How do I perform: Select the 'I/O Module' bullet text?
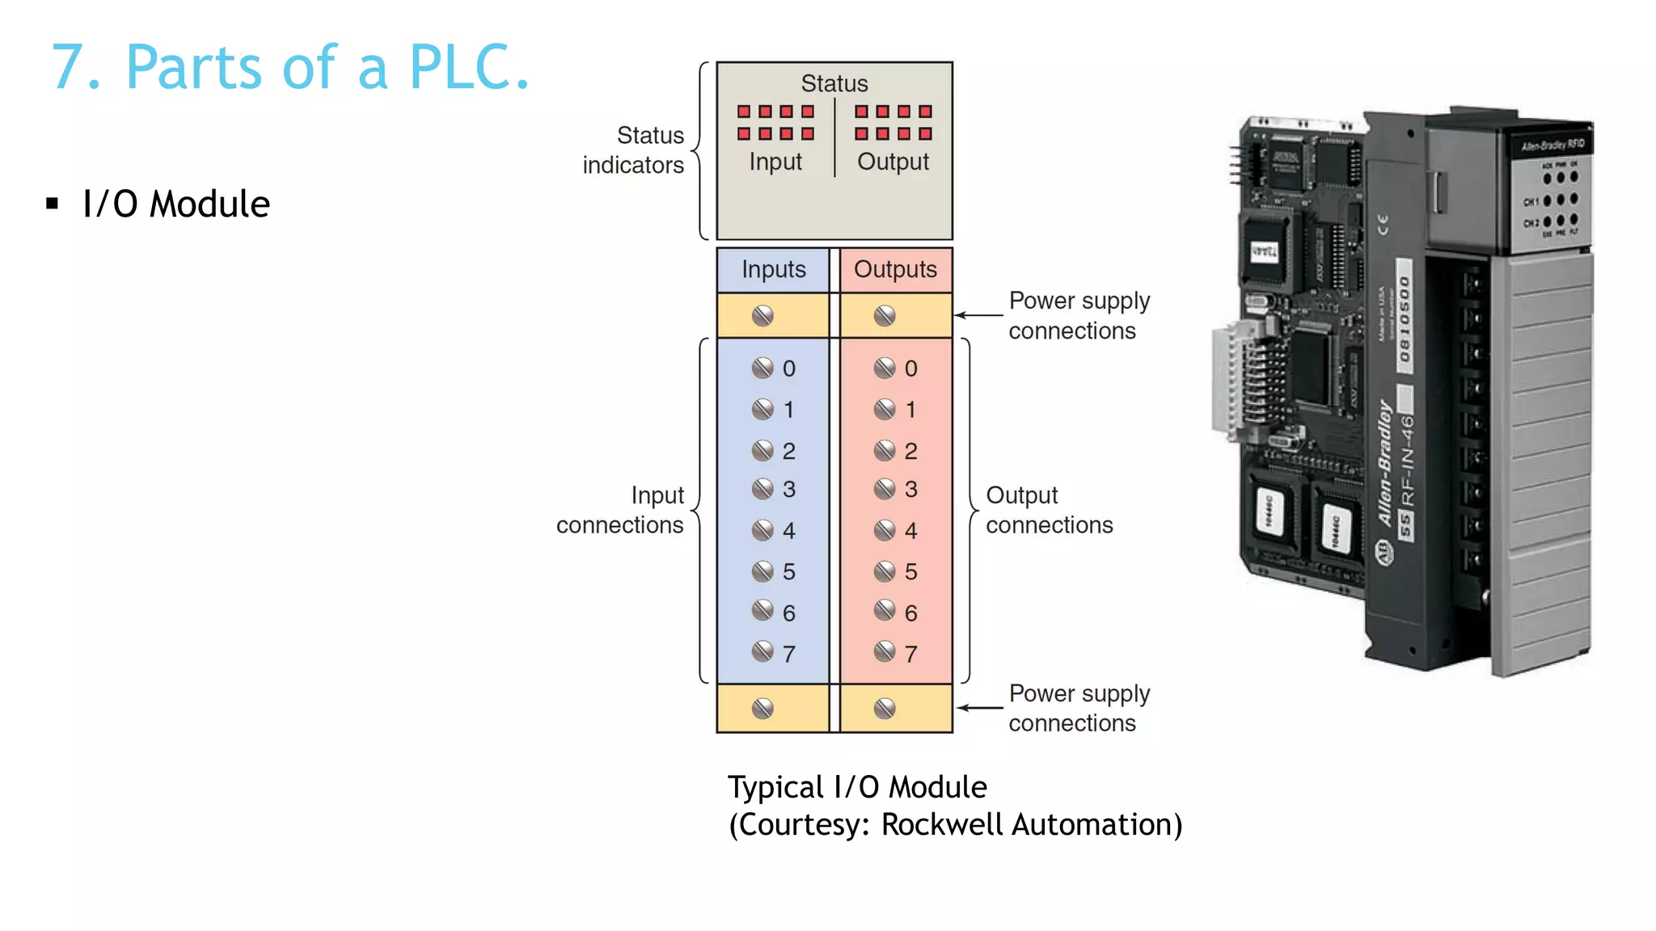coord(175,204)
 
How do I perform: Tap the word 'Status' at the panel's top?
coord(834,83)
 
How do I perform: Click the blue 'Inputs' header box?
coord(773,269)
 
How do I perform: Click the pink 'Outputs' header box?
coord(895,269)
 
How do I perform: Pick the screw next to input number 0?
coord(763,369)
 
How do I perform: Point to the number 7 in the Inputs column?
coord(788,654)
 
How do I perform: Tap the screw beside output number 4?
coord(885,530)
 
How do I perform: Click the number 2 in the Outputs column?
coord(910,451)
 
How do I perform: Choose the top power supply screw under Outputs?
coord(885,315)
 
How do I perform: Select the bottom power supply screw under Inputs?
coord(763,709)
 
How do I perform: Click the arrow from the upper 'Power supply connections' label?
coord(979,315)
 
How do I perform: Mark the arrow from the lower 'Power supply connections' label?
coord(980,708)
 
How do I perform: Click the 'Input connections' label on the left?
coord(620,510)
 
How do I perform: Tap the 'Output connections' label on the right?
coord(1049,510)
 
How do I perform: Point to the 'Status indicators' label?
coord(634,150)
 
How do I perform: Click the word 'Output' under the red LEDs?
coord(893,162)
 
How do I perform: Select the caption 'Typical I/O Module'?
coord(857,787)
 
